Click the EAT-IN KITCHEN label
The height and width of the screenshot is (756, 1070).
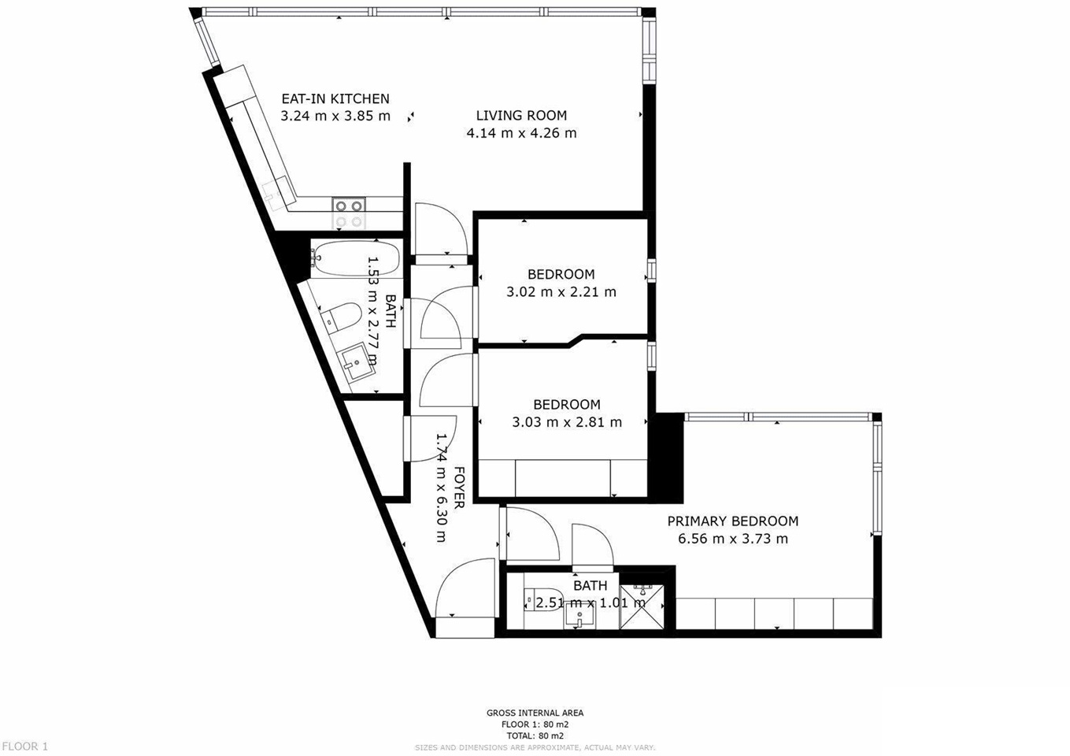click(335, 99)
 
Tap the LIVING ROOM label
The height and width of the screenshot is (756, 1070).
click(521, 116)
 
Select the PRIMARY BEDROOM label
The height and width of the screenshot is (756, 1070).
click(732, 521)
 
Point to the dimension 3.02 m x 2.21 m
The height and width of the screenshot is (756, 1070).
click(561, 292)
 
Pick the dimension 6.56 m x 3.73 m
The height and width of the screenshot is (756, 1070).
click(732, 539)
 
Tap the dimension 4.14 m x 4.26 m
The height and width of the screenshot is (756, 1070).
click(521, 134)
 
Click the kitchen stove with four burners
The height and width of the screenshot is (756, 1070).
click(349, 206)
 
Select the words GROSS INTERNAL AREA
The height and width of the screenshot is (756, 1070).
click(535, 713)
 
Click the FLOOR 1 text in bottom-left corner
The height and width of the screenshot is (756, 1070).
click(25, 746)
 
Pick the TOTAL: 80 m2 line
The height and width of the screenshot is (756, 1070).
click(535, 736)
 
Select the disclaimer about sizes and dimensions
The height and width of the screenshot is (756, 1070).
click(535, 747)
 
